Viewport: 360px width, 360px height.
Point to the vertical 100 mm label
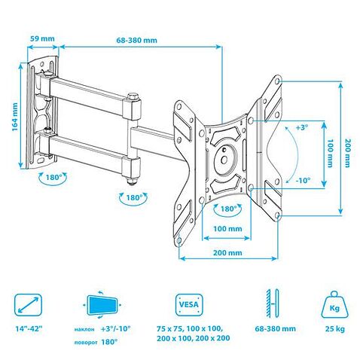(330, 153)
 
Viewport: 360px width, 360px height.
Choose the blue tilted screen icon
(103, 304)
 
